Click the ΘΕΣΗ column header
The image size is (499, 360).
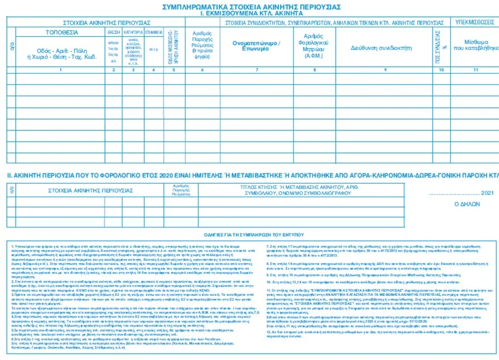tap(114, 33)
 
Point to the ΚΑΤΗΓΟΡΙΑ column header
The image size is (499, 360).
tap(134, 33)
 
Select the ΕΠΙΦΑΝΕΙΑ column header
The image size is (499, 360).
tap(154, 33)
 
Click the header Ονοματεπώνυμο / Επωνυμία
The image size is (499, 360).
tap(256, 46)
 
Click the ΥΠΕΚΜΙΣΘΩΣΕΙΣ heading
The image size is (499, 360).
tap(474, 22)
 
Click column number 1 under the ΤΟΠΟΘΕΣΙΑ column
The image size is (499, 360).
tap(60, 70)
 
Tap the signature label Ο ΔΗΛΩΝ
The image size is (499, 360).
tap(467, 203)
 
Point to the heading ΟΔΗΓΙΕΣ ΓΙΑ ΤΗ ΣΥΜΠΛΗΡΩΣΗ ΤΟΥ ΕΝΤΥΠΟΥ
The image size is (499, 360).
tap(250, 234)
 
